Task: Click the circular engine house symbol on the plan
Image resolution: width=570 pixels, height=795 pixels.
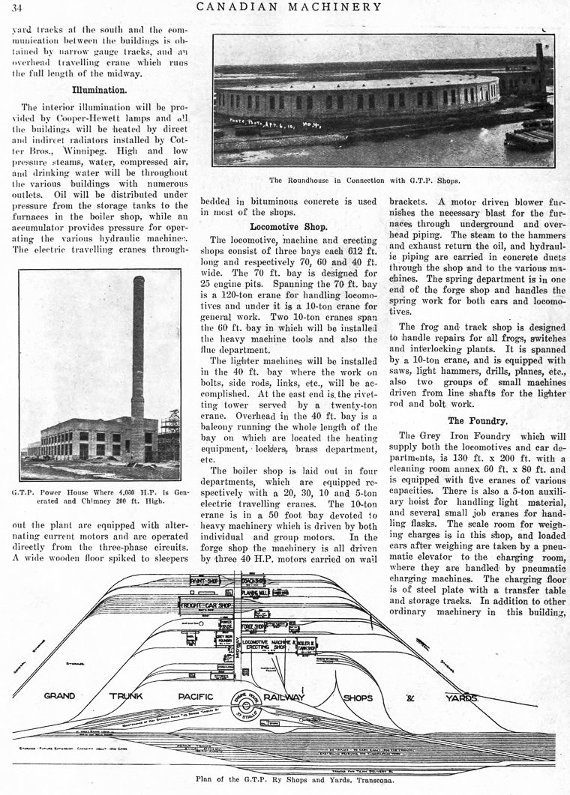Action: (246, 700)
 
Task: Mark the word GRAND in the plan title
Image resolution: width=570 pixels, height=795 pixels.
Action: (59, 696)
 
